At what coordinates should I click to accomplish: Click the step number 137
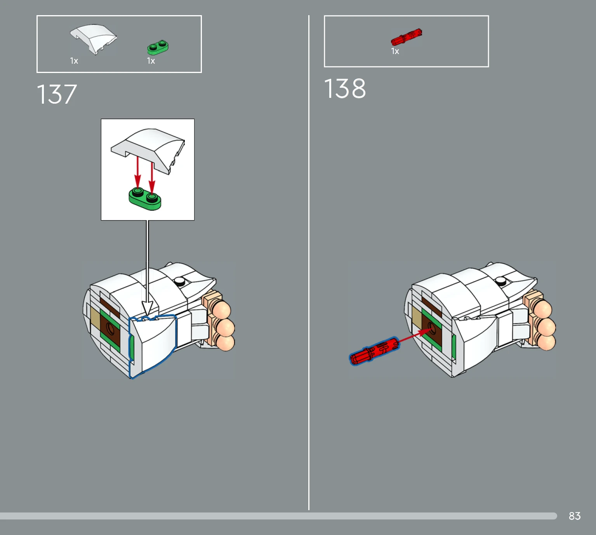[x=57, y=94]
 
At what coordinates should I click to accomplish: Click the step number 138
[x=345, y=88]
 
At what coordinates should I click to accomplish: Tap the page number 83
[x=575, y=516]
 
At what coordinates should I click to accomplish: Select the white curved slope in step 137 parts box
[x=93, y=39]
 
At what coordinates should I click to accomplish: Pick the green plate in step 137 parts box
[x=158, y=47]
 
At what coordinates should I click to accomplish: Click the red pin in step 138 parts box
[x=406, y=37]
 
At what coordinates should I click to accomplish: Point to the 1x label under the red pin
[x=395, y=51]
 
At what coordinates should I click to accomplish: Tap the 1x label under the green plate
[x=151, y=61]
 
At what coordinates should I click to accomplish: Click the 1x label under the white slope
[x=74, y=61]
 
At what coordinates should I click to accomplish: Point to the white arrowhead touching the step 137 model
[x=148, y=307]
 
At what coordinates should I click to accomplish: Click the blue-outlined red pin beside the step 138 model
[x=374, y=351]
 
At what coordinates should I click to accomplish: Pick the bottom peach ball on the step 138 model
[x=547, y=342]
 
